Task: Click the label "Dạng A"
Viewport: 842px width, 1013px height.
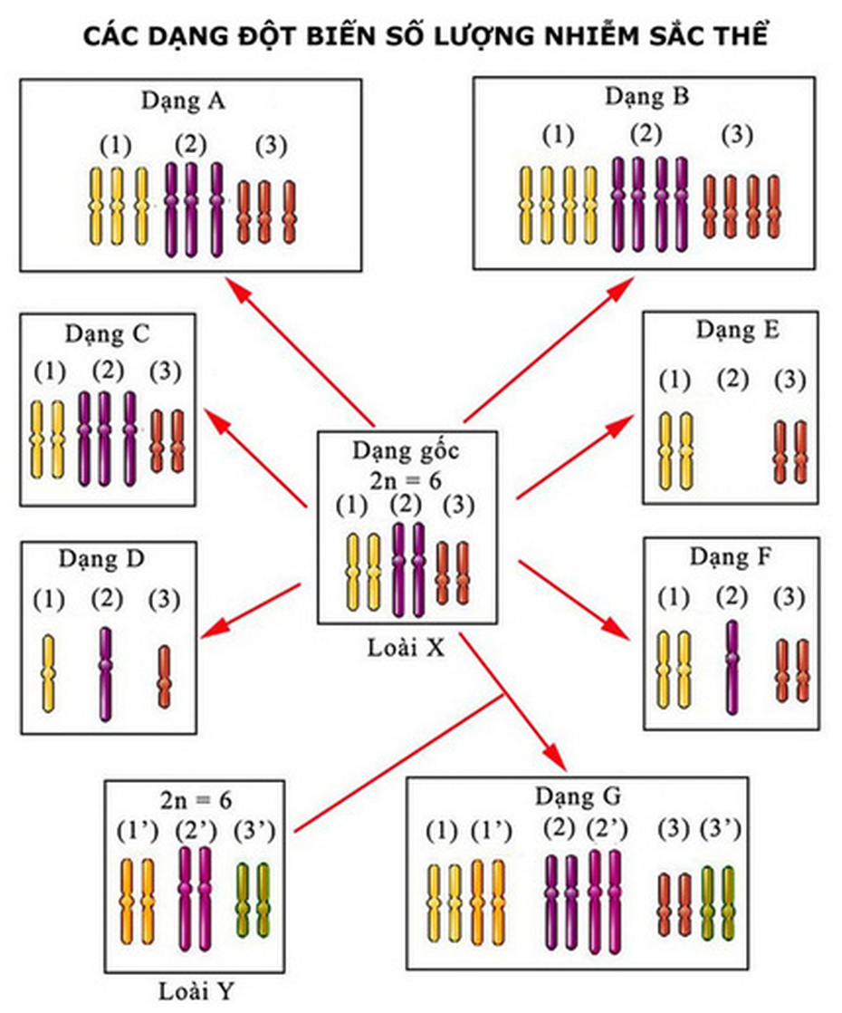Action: pos(183,101)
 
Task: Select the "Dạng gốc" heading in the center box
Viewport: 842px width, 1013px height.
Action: pos(407,449)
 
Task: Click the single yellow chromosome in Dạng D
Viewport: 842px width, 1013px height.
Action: pos(49,672)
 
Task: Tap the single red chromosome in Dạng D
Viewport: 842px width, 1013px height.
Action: pos(164,676)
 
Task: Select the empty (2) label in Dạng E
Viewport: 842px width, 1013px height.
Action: pos(732,380)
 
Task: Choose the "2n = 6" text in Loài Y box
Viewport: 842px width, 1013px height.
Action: pos(196,800)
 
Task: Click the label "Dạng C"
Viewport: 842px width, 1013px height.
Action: pos(107,333)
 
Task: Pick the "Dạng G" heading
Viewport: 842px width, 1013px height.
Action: pos(578,796)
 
